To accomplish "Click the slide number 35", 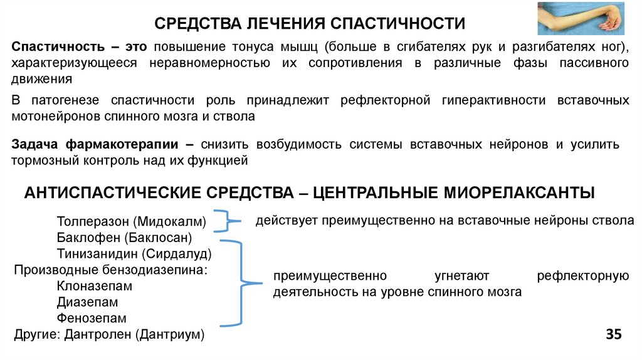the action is [613, 334].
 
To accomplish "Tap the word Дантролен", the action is [97, 335].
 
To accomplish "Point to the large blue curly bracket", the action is [241, 282].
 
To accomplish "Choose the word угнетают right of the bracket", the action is [461, 277].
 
